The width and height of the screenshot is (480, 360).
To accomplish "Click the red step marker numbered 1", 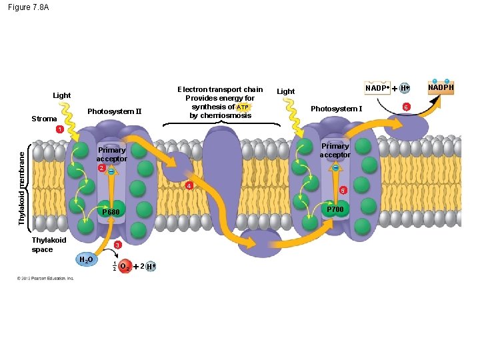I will click(x=59, y=129).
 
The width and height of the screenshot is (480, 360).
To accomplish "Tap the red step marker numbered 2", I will click(x=101, y=168).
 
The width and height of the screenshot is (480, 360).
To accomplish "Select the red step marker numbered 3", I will click(x=117, y=246).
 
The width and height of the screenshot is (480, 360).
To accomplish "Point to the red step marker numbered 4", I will click(x=189, y=185).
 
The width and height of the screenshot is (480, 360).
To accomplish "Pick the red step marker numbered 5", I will click(x=343, y=191).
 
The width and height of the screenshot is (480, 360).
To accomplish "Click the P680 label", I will click(x=110, y=212).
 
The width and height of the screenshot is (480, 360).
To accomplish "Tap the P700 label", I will click(x=335, y=209).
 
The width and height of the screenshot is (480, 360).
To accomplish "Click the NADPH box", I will click(x=441, y=88).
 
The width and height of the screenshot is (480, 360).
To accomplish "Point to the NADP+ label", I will click(x=377, y=88).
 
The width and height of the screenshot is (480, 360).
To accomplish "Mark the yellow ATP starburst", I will click(x=243, y=107).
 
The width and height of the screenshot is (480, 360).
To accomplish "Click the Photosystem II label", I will click(x=115, y=111).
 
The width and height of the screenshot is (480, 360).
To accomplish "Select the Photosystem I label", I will click(x=337, y=109).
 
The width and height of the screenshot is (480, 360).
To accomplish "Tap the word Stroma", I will click(x=45, y=119).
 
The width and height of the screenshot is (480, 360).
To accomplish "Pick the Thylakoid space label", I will click(x=49, y=245).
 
